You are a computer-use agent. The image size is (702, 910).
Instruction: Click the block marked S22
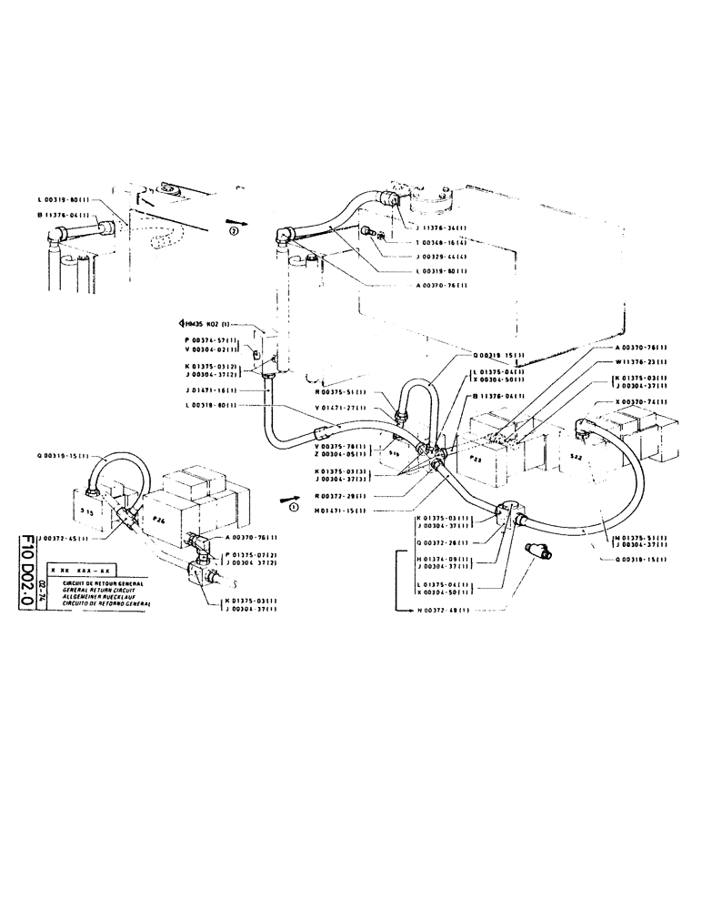click(x=575, y=455)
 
